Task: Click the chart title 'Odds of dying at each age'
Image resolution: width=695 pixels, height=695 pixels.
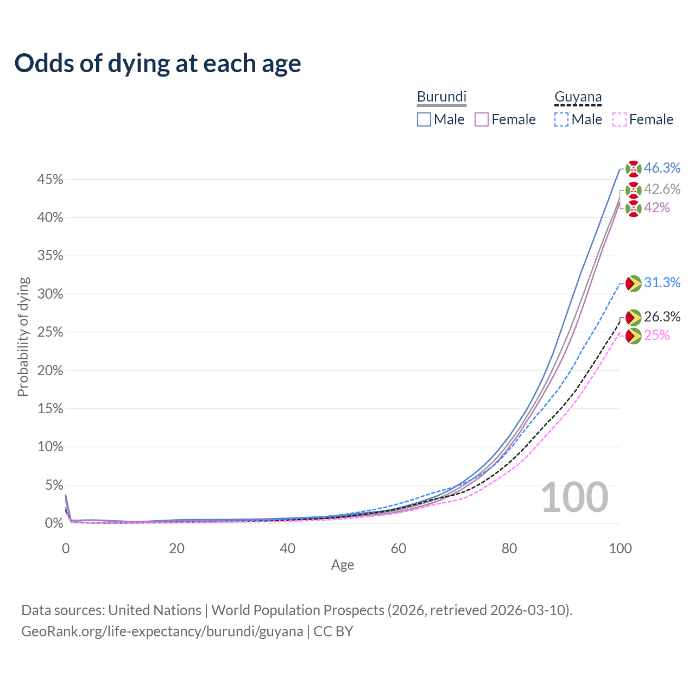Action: coord(157,64)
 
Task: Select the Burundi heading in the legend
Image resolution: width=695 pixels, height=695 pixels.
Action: coord(441,97)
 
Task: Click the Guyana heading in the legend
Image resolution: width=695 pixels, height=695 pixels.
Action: coord(578,97)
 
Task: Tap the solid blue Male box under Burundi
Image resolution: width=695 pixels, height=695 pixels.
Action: coord(424,119)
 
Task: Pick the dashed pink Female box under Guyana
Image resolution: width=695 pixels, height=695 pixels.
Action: coord(620,119)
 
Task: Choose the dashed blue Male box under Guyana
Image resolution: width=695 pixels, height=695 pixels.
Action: coord(561,119)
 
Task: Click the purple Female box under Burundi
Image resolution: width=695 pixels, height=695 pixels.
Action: coord(482,119)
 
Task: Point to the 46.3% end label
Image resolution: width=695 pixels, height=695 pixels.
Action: coord(662,168)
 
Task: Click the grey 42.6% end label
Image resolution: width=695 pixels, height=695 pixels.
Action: coord(662,189)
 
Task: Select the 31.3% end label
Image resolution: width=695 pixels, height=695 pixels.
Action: coord(662,282)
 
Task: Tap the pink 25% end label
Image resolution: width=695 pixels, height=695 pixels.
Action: coord(657,335)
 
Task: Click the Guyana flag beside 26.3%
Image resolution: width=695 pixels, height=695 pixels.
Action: coord(633,318)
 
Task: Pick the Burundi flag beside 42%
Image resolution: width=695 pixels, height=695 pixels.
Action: coord(633,208)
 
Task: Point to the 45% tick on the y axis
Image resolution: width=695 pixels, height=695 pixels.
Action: coord(50,179)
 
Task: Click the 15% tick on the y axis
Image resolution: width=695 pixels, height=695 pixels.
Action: coord(50,409)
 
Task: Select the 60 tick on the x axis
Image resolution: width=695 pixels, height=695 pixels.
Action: coord(398,548)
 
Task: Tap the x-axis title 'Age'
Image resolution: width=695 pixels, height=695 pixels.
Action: coord(342,565)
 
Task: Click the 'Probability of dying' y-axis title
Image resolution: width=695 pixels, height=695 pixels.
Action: coord(23,337)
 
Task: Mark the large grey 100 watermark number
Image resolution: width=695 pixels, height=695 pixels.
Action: coord(574,497)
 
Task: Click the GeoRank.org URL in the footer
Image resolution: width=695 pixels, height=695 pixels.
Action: coord(162,631)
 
